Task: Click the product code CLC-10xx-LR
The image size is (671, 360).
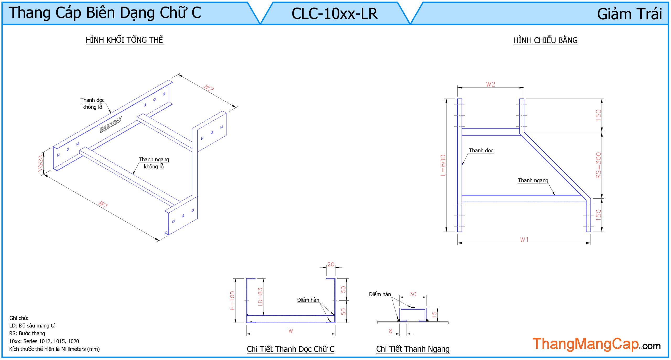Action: click(334, 14)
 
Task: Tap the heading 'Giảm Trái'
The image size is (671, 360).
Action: click(629, 14)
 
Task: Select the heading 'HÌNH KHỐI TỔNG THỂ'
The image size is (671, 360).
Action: click(125, 40)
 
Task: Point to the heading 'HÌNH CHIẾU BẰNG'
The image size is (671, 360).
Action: click(545, 40)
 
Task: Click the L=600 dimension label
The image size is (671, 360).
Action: click(443, 165)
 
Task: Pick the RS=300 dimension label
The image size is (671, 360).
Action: click(598, 165)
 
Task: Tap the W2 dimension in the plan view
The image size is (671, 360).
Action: click(490, 84)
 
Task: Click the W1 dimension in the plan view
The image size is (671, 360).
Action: click(524, 240)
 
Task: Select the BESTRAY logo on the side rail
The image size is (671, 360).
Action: click(111, 125)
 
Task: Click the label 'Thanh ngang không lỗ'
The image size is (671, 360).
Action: click(154, 163)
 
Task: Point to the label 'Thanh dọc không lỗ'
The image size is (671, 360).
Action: click(92, 104)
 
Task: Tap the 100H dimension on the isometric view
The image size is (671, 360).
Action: click(40, 164)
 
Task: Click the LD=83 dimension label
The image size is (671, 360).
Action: click(260, 297)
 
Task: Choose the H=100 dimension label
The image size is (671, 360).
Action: click(232, 300)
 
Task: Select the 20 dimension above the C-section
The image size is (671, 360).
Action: click(331, 264)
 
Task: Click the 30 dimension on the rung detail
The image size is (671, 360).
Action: click(413, 294)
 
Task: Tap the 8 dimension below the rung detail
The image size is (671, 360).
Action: click(391, 331)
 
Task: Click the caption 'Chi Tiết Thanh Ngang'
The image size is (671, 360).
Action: click(413, 349)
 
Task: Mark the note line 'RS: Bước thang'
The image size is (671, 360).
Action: click(27, 333)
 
